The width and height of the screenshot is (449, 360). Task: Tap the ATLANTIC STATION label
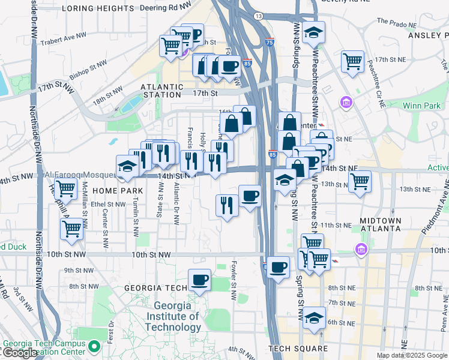161,91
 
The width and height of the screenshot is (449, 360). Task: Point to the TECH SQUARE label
298,349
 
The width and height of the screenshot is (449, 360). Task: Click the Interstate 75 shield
269,43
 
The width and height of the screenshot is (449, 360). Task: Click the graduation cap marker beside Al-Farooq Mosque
127,166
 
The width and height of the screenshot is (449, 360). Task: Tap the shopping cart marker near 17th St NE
352,61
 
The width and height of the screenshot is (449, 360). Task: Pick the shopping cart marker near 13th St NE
360,181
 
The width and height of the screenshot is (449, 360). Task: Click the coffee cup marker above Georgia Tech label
199,280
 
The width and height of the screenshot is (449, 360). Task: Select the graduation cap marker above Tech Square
313,318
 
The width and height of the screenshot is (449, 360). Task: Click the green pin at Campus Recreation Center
94,346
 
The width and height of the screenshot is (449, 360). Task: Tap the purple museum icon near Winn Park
346,103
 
